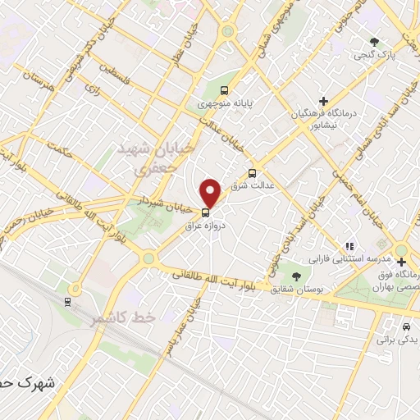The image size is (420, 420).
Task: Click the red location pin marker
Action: tap(211, 194)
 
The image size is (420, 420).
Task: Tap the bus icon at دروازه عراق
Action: tap(205, 209)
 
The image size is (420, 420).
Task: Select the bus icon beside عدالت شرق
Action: tap(252, 173)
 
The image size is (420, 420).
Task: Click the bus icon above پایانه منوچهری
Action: tap(225, 91)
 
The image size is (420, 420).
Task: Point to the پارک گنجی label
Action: tap(374, 56)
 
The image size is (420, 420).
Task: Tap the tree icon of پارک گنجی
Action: tap(375, 41)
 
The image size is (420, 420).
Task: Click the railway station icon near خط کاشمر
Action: tap(67, 301)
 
